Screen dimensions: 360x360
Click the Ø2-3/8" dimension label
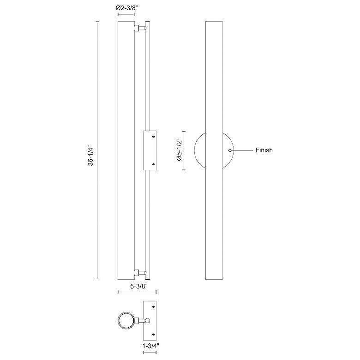[126, 8]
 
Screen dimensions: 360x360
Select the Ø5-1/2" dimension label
[180, 150]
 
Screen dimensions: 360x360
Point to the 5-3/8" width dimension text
[137, 286]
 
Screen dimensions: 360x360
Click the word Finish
[264, 150]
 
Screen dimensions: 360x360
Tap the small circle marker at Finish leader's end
[230, 150]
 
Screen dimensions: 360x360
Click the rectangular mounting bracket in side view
[150, 150]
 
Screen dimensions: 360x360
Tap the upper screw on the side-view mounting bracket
[154, 137]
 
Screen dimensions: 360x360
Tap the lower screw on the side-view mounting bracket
[154, 164]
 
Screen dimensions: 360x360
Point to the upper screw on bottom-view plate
[154, 307]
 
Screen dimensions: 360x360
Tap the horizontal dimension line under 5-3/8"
[137, 292]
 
